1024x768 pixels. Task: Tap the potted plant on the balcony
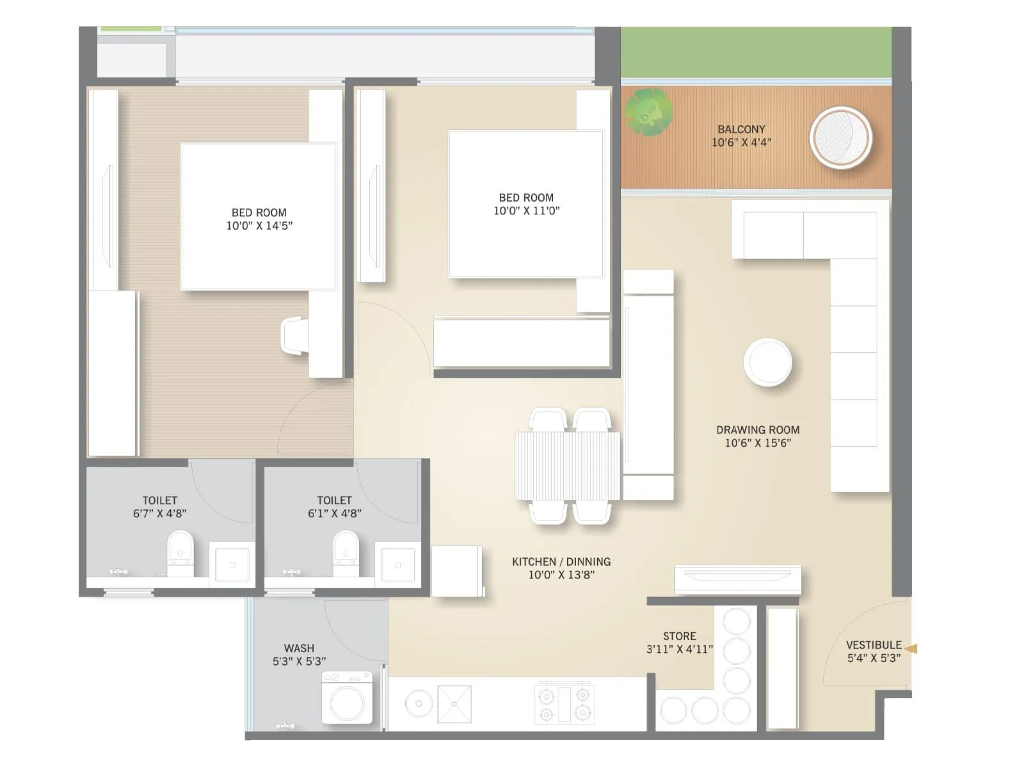649,112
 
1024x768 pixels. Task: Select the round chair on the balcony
840,138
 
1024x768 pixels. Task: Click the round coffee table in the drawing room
767,362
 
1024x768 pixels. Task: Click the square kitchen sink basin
454,703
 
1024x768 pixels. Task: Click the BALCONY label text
741,129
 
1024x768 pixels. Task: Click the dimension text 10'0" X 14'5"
259,226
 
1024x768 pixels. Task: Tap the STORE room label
679,636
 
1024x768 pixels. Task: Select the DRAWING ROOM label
758,430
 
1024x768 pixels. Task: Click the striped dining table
567,465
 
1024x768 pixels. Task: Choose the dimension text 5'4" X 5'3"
874,658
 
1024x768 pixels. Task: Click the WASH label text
299,648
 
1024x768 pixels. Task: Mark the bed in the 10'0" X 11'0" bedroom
526,204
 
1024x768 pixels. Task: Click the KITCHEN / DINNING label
561,562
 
